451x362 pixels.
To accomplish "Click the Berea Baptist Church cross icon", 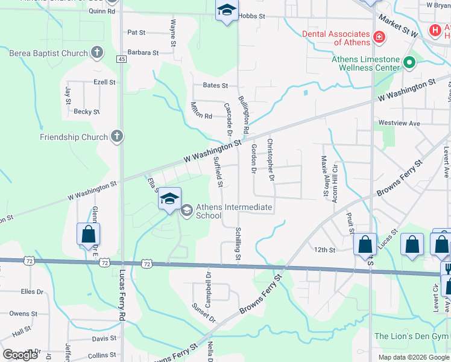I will tap(97, 54).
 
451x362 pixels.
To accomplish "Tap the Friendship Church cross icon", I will tap(117, 137).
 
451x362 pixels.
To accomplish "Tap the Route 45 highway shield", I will tap(122, 59).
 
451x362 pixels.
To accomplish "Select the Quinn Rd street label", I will tap(102, 11).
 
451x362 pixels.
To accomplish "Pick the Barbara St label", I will tap(143, 53).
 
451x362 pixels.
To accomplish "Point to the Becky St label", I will tap(86, 112).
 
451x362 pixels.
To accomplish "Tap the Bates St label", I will tap(215, 86).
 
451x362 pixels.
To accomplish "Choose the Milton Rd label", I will tap(201, 116).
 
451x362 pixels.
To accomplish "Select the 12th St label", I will tap(324, 250).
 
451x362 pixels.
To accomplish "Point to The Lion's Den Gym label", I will tap(411, 336).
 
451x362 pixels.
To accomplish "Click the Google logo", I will tap(20, 355).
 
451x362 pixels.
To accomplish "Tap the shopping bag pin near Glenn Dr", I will tap(88, 234).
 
